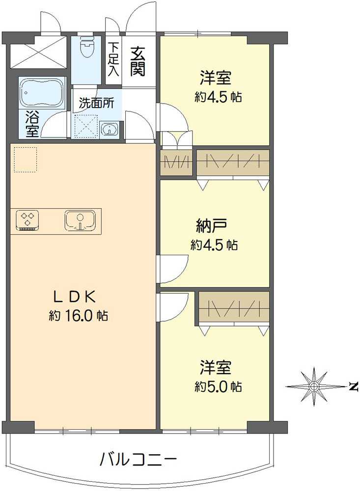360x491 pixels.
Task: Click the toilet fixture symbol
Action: coord(86,47)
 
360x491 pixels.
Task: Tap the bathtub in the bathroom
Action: coord(42,92)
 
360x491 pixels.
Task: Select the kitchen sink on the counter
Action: coord(80,220)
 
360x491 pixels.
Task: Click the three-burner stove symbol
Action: coord(27,219)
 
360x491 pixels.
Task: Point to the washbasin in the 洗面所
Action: coord(110,129)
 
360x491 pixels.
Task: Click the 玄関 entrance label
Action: coord(138,61)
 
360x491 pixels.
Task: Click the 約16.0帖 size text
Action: coord(79,316)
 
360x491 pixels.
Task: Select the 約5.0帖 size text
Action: coord(218,386)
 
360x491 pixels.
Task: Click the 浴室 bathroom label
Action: coord(32,124)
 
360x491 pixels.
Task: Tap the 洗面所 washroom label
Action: coord(97,104)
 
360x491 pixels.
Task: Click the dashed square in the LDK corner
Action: coord(25,160)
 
